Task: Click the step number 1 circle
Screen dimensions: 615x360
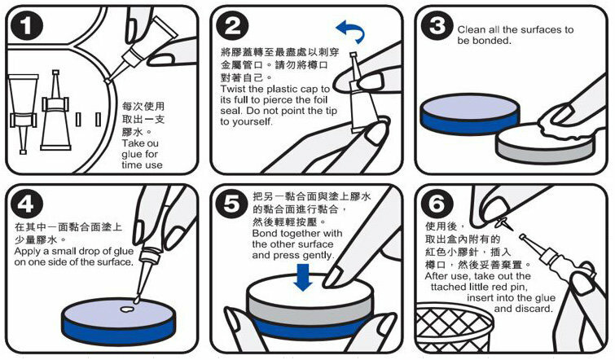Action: click(x=26, y=26)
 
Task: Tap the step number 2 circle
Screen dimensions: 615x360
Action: click(x=232, y=26)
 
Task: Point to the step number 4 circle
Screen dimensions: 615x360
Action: click(x=26, y=204)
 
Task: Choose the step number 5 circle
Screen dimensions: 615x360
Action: click(x=232, y=204)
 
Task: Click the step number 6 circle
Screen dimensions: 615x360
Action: click(x=437, y=204)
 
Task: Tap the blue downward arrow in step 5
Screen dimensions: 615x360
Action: click(x=303, y=277)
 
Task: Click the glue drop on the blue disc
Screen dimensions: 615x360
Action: click(x=126, y=309)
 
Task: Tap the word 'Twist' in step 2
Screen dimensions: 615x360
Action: click(x=234, y=89)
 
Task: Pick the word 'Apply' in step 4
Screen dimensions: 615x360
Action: click(x=28, y=252)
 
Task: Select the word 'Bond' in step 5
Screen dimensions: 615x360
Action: click(x=265, y=233)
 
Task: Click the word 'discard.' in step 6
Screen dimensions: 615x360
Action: click(x=533, y=309)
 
